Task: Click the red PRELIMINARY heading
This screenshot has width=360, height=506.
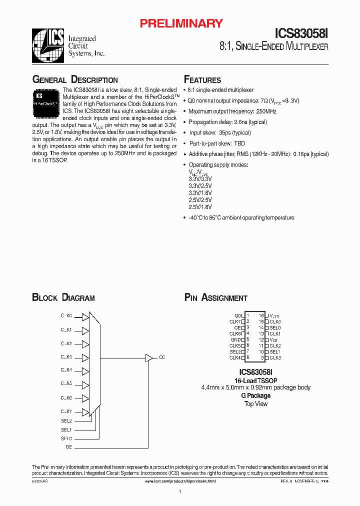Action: [x=181, y=23]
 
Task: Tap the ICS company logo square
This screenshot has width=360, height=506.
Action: [x=48, y=46]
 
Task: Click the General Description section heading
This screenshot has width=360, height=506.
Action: [x=75, y=80]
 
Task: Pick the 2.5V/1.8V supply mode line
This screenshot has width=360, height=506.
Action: [x=200, y=207]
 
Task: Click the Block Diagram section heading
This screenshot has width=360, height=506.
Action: [x=63, y=298]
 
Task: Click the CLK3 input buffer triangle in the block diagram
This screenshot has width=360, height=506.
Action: [x=85, y=357]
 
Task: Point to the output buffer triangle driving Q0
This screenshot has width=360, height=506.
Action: [x=148, y=357]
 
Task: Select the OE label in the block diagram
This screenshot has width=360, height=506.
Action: [x=68, y=446]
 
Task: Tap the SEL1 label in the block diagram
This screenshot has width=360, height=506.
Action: [x=66, y=429]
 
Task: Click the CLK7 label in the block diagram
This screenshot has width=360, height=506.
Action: [x=66, y=411]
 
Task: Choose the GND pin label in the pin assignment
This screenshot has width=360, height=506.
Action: [x=236, y=339]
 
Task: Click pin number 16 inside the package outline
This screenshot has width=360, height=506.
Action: [x=261, y=315]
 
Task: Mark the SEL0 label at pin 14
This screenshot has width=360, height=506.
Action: [x=275, y=327]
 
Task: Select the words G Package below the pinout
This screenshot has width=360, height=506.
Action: [x=255, y=395]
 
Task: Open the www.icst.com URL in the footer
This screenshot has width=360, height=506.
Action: [x=180, y=481]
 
